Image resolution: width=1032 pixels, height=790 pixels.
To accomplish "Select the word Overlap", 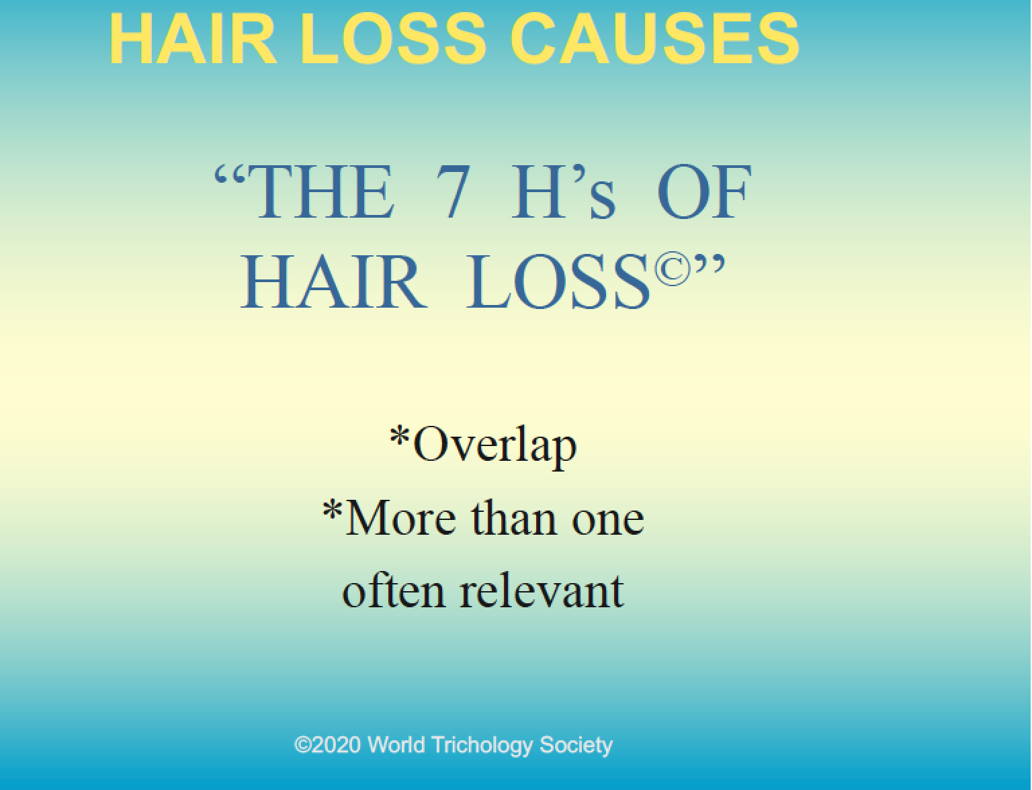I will point(494,445).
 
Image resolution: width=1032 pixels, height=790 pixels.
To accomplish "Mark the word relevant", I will point(542,591).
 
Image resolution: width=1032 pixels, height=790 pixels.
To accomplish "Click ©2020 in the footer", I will point(328,745).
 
